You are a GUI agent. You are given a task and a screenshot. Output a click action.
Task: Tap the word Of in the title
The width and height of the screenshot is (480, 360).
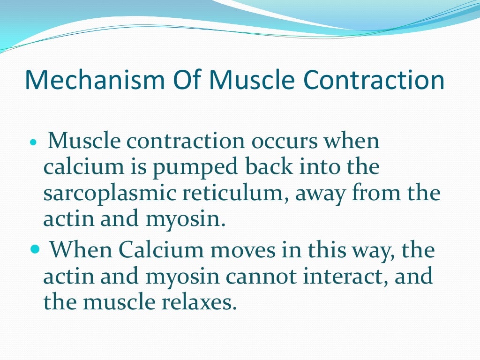click(x=182, y=80)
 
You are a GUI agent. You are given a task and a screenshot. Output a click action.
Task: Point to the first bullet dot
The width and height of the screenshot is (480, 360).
click(x=32, y=142)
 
